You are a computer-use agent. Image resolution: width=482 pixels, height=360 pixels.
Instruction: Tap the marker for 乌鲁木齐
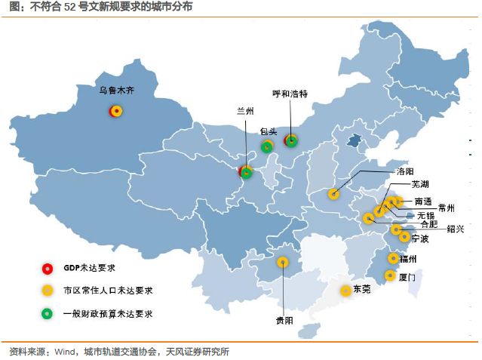116,112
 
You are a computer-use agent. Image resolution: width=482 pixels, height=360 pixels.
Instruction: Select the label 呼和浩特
290,94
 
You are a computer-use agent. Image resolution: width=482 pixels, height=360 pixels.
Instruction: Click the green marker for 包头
266,147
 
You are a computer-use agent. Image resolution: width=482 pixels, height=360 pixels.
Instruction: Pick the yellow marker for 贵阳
283,263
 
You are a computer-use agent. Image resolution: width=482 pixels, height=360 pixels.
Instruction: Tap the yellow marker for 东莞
345,290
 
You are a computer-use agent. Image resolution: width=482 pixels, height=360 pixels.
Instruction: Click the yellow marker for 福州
392,258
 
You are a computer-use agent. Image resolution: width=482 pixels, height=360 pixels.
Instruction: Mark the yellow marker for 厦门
389,275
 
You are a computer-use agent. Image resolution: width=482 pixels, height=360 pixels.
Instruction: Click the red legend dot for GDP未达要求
47,267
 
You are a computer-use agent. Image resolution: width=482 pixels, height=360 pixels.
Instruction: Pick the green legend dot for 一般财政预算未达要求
47,312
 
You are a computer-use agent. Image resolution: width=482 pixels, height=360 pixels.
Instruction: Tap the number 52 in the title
51,8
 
